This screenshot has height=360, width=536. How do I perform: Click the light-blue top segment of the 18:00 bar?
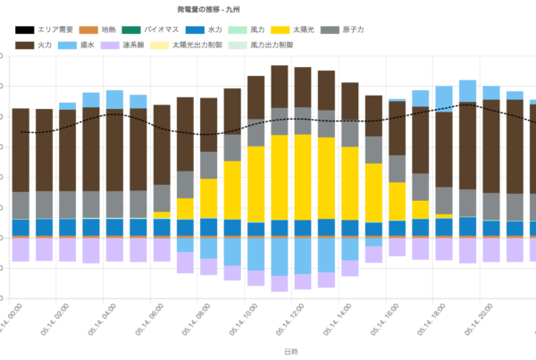[444, 95]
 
